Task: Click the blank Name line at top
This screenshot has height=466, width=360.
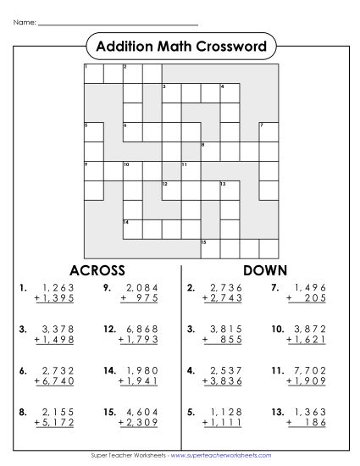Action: click(119, 23)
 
